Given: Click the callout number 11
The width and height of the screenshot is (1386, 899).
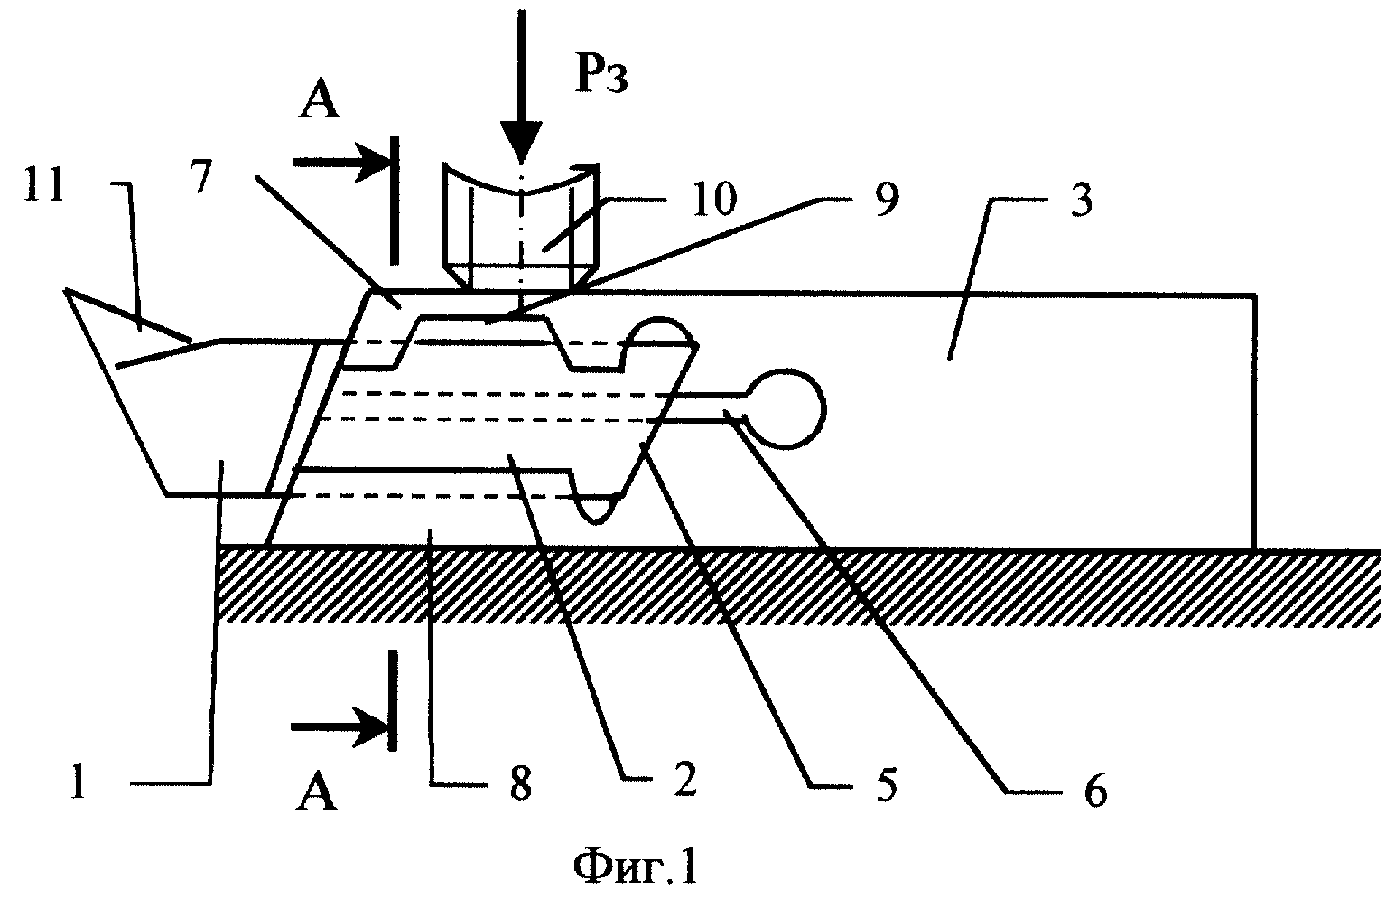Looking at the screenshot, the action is click(44, 184).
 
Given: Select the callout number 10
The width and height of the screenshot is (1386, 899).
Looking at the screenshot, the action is click(714, 198).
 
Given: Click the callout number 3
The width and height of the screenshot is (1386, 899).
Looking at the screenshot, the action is click(1081, 200).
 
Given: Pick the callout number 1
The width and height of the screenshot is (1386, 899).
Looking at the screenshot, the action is click(78, 781).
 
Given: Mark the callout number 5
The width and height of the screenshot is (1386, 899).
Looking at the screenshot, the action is click(886, 784).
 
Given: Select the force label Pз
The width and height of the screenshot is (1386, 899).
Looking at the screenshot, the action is click(601, 78).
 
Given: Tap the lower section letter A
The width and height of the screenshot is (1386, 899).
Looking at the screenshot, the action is click(316, 791).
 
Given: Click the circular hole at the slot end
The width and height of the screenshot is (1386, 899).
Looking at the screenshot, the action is click(786, 408).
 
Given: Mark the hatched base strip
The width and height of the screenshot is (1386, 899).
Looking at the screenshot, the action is click(799, 585).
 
